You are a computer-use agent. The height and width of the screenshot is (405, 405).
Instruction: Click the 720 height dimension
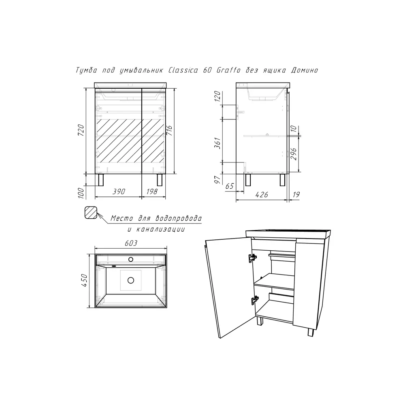point(81,130)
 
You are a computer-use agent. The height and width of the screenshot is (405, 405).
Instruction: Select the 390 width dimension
point(119,192)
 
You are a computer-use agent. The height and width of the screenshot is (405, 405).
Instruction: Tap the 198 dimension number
point(152,192)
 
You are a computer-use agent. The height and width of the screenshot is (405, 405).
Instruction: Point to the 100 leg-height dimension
point(81,193)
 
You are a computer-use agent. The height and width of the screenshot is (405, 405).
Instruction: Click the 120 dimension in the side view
point(218,96)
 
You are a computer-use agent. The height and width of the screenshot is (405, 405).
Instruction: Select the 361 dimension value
point(218,143)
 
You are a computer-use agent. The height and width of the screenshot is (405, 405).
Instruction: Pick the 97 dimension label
point(218,179)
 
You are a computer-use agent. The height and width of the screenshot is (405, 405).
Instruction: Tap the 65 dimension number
point(230,186)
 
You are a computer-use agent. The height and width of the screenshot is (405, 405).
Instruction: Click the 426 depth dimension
point(262,195)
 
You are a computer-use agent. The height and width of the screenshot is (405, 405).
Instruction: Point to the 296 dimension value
point(294,154)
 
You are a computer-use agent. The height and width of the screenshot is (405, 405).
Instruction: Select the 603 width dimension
point(131,243)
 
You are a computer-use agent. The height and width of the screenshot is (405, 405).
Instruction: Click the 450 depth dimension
point(85,281)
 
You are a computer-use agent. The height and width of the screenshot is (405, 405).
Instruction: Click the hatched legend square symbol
point(91,213)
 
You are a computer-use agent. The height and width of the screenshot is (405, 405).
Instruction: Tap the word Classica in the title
point(183,70)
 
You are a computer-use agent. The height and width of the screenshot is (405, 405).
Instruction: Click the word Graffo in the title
point(228,70)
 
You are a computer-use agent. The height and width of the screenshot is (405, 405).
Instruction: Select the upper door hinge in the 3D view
point(253,258)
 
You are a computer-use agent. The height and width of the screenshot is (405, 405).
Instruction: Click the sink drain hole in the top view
point(131,280)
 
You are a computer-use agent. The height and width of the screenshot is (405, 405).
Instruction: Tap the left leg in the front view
point(101,180)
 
